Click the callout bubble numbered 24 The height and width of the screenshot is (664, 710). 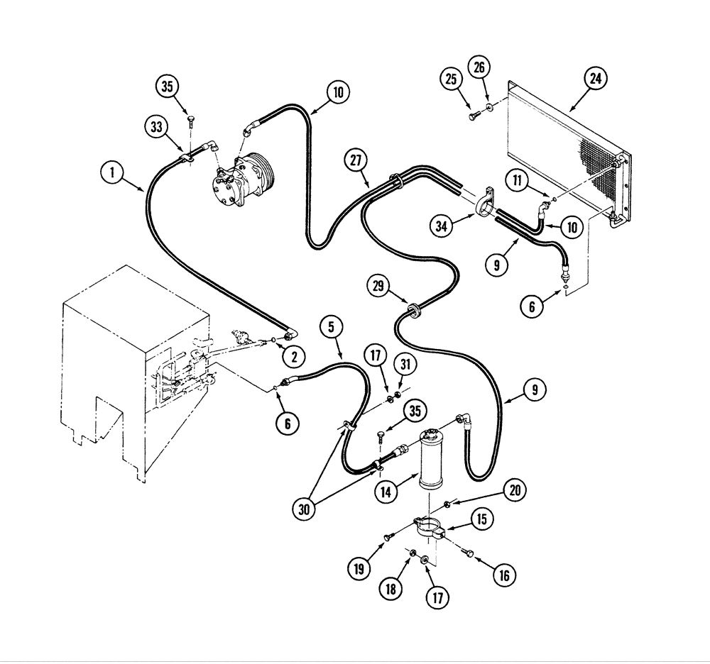[595, 79]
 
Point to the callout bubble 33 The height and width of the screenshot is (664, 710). [157, 127]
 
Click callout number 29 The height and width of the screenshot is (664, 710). [378, 287]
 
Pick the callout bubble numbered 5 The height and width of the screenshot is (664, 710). [331, 327]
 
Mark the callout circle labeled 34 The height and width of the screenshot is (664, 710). [442, 226]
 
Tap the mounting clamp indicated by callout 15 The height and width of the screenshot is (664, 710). [430, 529]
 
